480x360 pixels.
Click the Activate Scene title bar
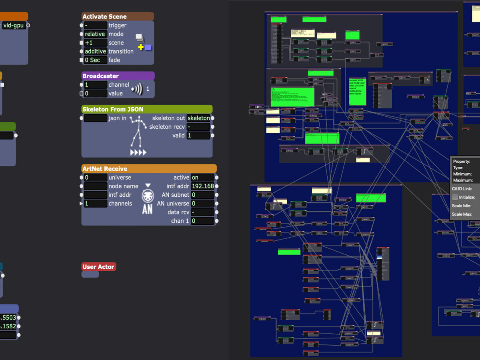tap(118, 16)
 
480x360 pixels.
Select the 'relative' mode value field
tap(95, 34)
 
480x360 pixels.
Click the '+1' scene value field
tap(95, 43)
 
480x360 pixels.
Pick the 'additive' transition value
tap(95, 51)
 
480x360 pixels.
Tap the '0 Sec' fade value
tap(95, 60)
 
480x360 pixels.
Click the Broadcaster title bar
tap(118, 76)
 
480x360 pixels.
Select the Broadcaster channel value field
tap(95, 85)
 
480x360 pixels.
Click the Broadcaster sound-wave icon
tap(137, 89)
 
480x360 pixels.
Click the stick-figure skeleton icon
tap(138, 132)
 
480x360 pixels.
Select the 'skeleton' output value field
tap(198, 118)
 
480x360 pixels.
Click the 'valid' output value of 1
tap(198, 136)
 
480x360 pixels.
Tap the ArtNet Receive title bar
tap(149, 169)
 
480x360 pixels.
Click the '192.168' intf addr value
tap(202, 186)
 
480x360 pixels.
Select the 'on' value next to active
tap(202, 178)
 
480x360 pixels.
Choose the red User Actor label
tap(98, 267)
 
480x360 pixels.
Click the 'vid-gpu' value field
tap(14, 25)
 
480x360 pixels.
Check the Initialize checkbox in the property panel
tap(455, 197)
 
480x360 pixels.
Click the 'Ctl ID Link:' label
tap(462, 188)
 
